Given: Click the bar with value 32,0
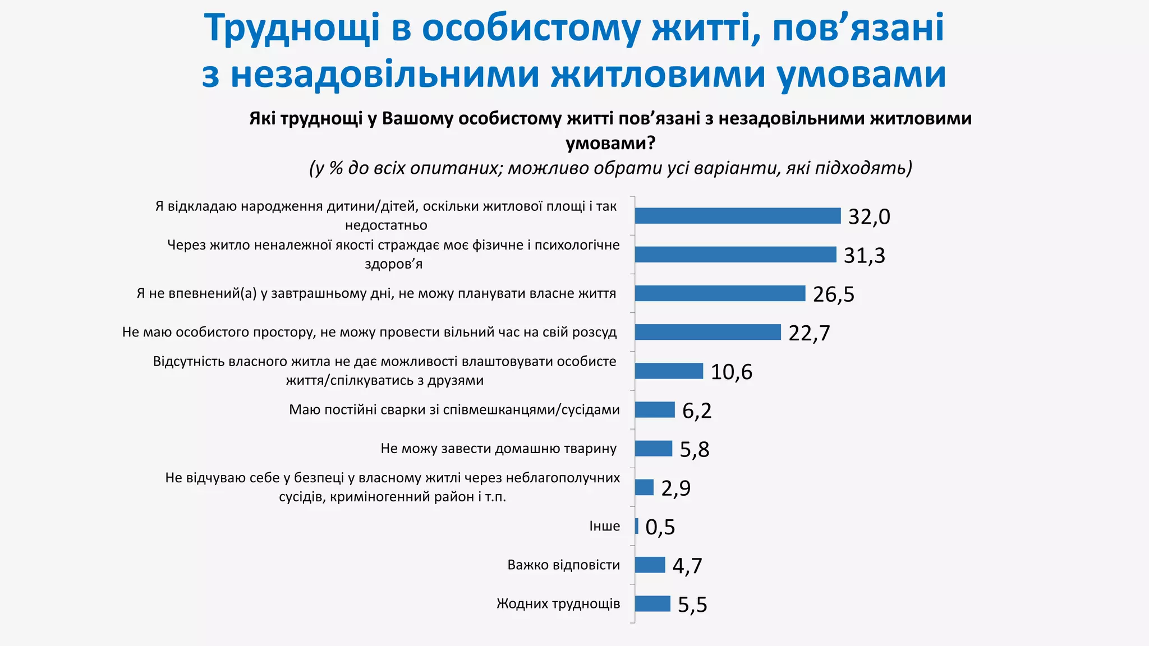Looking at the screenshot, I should pyautogui.click(x=737, y=216).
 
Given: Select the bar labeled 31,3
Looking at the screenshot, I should pyautogui.click(x=735, y=255).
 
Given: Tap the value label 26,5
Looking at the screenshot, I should pyautogui.click(x=833, y=294).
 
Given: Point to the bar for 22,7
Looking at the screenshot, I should pyautogui.click(x=707, y=332).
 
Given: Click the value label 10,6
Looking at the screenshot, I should pyautogui.click(x=731, y=372).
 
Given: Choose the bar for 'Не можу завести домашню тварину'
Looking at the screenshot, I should pyautogui.click(x=653, y=449).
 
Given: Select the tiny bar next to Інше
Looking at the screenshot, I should pyautogui.click(x=637, y=526).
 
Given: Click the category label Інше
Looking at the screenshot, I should pyautogui.click(x=604, y=526).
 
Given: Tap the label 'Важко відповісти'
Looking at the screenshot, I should pyautogui.click(x=563, y=565).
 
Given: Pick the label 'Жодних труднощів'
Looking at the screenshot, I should pyautogui.click(x=558, y=604).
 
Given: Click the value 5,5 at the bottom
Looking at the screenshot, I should pyautogui.click(x=692, y=605).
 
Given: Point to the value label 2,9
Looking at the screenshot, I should pyautogui.click(x=675, y=488).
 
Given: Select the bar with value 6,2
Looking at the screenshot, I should pyautogui.click(x=655, y=410).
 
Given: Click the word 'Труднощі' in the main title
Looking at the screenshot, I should pyautogui.click(x=292, y=28).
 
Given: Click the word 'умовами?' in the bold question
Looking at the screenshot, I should pyautogui.click(x=610, y=144).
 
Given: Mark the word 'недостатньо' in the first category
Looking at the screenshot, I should pyautogui.click(x=386, y=225).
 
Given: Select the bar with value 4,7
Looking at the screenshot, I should pyautogui.click(x=650, y=565).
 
